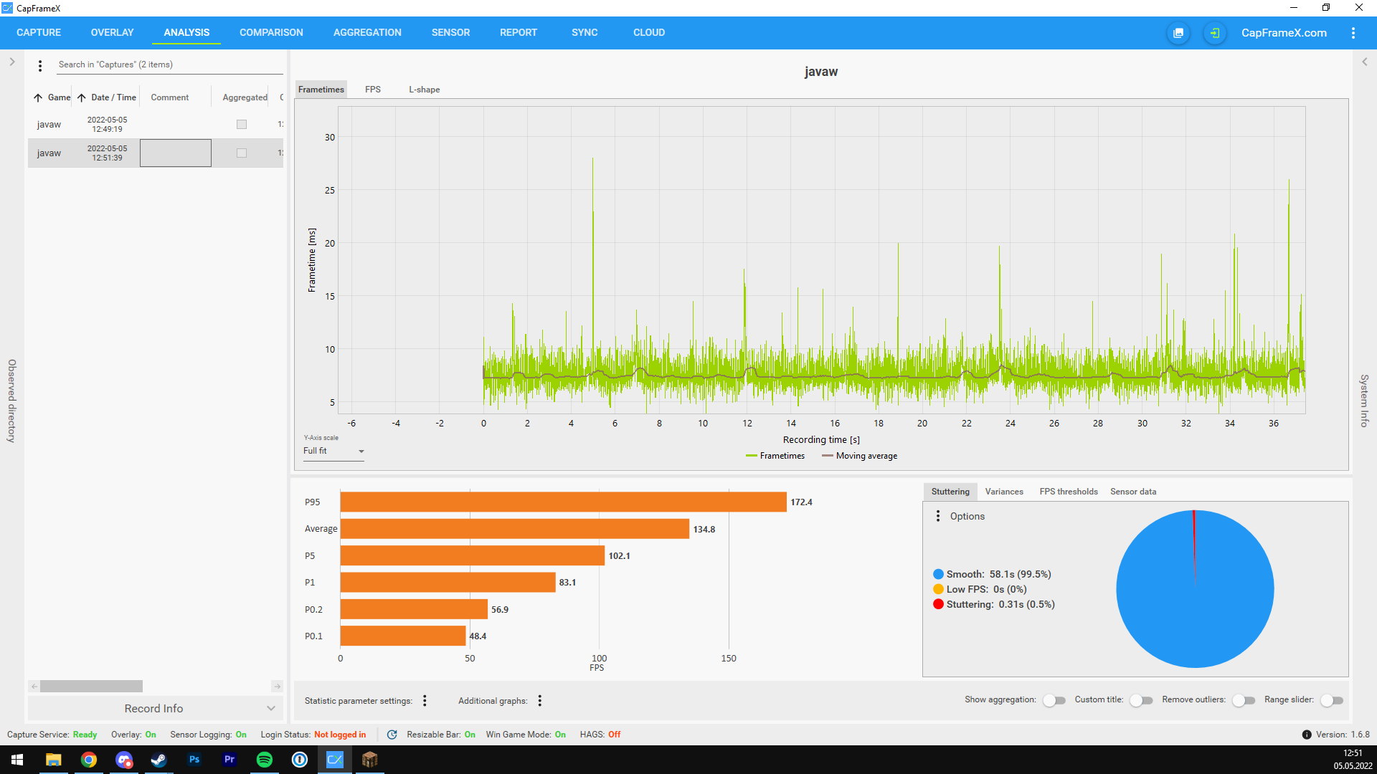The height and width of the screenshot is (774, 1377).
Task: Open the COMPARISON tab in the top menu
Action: [271, 32]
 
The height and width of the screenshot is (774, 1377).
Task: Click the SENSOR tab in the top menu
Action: [450, 32]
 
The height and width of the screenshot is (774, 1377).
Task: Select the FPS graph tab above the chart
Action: [373, 90]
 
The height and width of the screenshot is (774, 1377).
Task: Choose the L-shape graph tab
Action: [425, 90]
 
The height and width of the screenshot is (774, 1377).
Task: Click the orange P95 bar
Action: [563, 502]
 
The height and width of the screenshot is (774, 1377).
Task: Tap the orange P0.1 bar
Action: [403, 636]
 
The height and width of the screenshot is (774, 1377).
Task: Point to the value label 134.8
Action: [704, 530]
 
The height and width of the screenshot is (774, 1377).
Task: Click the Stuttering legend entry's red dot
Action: [938, 604]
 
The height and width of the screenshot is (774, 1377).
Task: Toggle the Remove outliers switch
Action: [1244, 700]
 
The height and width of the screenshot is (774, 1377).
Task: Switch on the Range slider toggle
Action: [1332, 700]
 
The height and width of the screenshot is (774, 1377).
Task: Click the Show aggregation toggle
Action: [1054, 700]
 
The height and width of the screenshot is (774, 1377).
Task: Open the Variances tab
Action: [1004, 492]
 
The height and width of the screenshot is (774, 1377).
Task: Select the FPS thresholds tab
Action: [1069, 492]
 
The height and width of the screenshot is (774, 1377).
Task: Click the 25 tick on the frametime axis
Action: [330, 191]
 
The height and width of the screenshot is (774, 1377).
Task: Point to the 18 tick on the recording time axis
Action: [879, 424]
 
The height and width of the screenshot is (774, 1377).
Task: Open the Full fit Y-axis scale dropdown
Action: [333, 451]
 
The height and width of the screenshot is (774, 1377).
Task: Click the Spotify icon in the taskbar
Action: [265, 760]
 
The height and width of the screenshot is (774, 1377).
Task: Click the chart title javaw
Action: [821, 72]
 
